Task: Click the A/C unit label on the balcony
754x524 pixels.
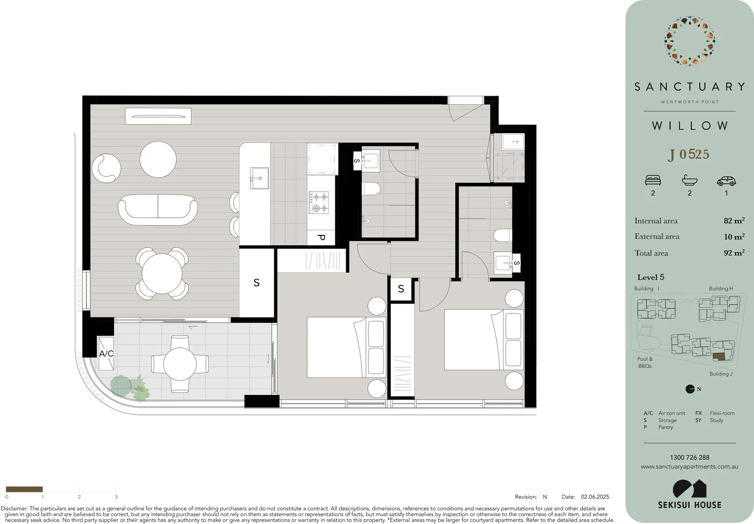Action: point(106,353)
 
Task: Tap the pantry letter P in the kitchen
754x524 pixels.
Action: point(321,238)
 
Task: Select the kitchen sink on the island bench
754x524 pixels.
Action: point(259,178)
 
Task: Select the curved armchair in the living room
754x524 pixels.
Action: point(106,168)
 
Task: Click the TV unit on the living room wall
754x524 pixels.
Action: point(158,116)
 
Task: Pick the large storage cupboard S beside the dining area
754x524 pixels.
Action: point(256,282)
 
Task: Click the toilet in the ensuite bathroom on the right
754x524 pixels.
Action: point(503,235)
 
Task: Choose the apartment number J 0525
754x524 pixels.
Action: point(689,154)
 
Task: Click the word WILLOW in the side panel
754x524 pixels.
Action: point(689,126)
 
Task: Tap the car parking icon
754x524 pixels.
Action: point(726,181)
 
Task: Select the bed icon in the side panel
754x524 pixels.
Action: point(653,180)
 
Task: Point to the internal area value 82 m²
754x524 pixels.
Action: point(734,221)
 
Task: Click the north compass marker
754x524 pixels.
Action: point(690,389)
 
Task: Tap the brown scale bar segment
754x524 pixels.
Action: point(24,489)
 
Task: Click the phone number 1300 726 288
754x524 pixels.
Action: point(689,458)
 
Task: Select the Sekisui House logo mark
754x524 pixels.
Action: point(689,489)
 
